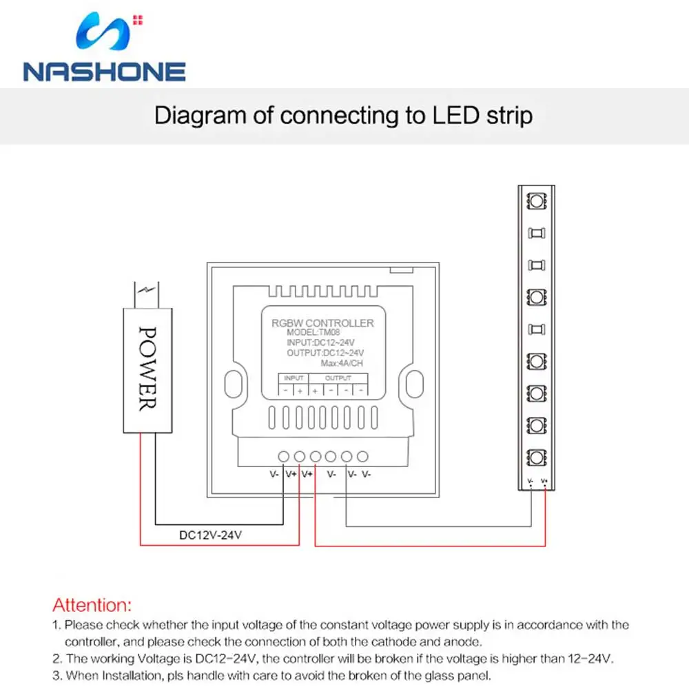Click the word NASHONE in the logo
(x=104, y=72)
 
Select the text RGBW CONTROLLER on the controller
(x=322, y=322)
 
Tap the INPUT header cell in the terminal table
(x=294, y=378)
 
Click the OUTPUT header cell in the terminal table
(x=338, y=378)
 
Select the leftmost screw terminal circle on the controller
(x=283, y=456)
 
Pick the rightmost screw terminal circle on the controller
(x=362, y=456)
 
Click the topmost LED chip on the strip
(x=535, y=201)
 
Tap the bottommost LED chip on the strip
(x=535, y=456)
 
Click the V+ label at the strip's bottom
(x=544, y=481)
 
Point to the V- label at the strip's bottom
(x=530, y=481)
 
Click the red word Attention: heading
(x=91, y=606)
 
